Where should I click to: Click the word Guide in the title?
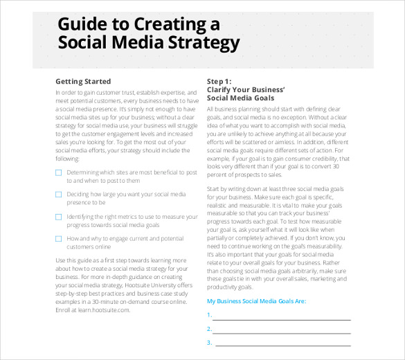82,25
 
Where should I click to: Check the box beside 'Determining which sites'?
58,172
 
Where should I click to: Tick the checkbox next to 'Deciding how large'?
58,195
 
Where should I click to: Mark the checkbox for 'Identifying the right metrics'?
58,217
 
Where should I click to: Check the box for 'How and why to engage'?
58,239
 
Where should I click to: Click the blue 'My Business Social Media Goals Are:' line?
256,302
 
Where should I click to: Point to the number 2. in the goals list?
208,329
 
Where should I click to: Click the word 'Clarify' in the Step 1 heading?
220,90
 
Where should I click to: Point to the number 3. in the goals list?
208,343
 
